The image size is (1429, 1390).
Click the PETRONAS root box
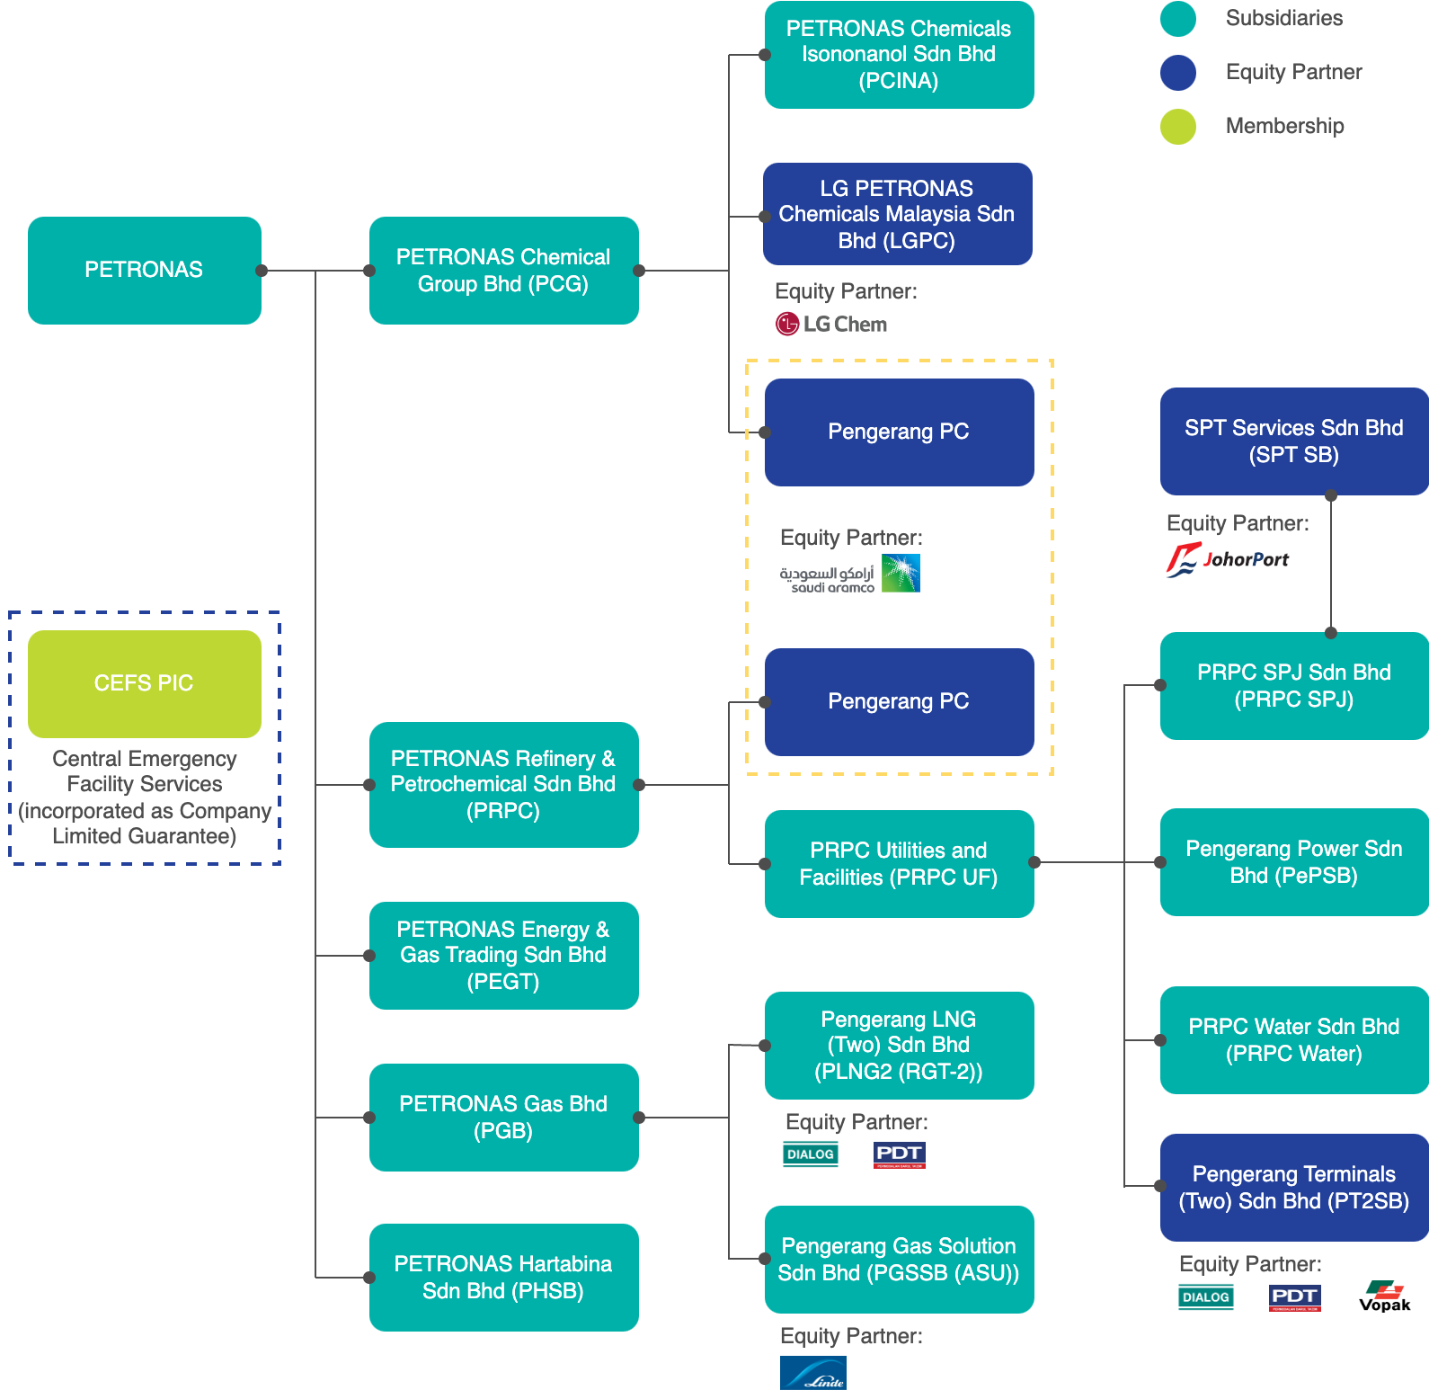[x=144, y=270]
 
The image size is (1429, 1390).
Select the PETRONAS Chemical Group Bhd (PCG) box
[x=503, y=270]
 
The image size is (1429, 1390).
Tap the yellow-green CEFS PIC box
[x=144, y=683]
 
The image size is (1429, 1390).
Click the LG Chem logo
[x=831, y=324]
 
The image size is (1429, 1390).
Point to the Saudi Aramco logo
[x=850, y=574]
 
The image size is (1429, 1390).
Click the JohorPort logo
[x=1228, y=560]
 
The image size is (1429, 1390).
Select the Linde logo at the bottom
[x=813, y=1373]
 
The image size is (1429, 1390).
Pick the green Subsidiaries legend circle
[x=1178, y=19]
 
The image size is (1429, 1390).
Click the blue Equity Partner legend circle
[x=1178, y=73]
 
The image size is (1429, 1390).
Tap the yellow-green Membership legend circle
[x=1178, y=127]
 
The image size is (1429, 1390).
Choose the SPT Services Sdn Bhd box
[x=1294, y=441]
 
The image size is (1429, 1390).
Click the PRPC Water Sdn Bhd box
[x=1294, y=1040]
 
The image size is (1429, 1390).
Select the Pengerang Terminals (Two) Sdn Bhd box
[x=1294, y=1187]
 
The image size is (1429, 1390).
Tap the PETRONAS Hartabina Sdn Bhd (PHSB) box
[x=503, y=1277]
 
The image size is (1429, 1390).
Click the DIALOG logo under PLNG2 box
[x=811, y=1154]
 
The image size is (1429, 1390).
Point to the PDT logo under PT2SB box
[x=1294, y=1297]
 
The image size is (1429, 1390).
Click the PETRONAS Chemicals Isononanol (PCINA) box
[x=899, y=55]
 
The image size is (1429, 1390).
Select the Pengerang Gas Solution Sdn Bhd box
[x=899, y=1259]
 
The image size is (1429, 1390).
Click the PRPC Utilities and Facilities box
[x=899, y=863]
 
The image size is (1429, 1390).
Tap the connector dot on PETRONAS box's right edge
[x=262, y=271]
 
